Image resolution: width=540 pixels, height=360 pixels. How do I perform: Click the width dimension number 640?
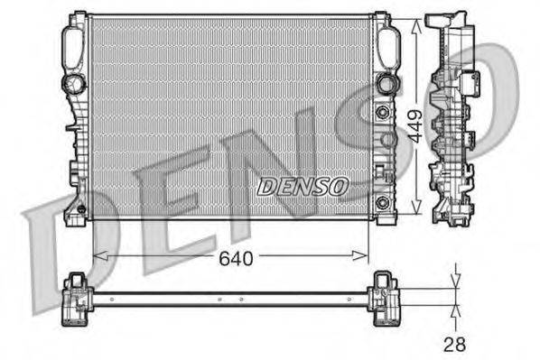coord(235,258)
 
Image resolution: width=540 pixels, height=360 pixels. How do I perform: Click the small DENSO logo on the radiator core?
coord(302,187)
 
